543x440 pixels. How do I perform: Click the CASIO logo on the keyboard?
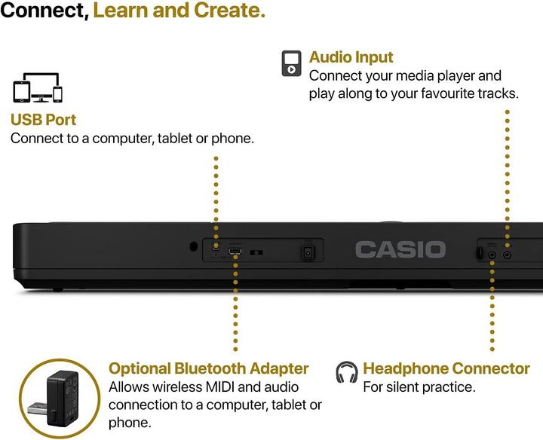[400, 249]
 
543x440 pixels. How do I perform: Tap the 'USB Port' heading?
[43, 120]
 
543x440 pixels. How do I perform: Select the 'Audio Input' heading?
[351, 57]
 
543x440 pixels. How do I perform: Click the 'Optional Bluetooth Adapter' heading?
[209, 368]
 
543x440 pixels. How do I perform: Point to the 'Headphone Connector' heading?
[446, 368]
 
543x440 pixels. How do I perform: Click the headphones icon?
[346, 371]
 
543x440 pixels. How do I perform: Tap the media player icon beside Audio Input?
[292, 63]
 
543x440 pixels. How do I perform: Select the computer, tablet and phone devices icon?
[35, 89]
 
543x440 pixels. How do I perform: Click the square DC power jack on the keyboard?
[308, 253]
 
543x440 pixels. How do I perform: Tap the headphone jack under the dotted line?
[492, 255]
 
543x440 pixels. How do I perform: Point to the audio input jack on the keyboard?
[507, 255]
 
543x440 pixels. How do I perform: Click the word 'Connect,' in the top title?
[44, 11]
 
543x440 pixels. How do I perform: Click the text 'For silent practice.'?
[419, 387]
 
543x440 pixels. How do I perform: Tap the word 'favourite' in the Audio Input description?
[443, 94]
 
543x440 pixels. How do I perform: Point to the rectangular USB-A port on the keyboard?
[236, 253]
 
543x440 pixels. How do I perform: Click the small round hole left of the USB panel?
[194, 246]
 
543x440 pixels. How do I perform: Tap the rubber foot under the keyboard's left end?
[57, 288]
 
